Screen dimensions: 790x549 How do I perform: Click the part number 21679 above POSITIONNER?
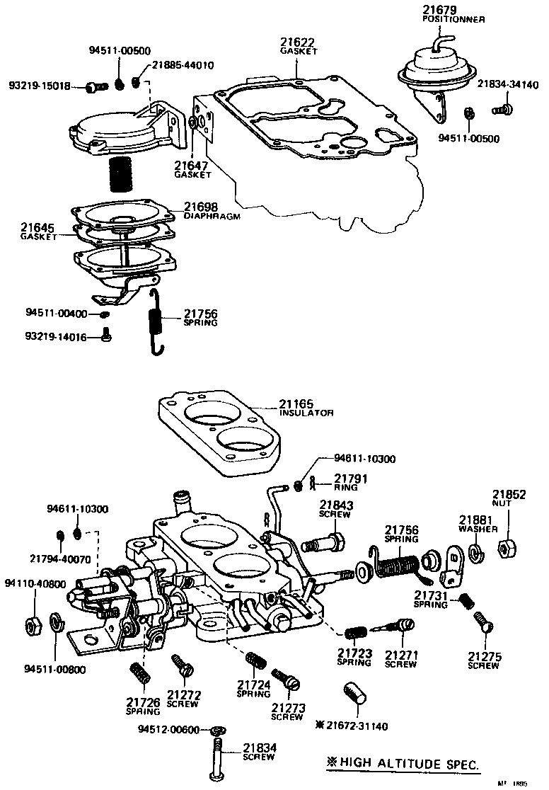coord(439,10)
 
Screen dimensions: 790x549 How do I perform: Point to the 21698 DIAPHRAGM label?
coord(201,207)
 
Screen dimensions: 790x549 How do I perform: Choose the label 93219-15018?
coord(39,86)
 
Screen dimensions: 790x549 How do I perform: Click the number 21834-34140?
coord(507,84)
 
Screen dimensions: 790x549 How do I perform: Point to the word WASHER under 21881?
coord(478,529)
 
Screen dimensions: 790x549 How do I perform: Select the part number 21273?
coord(289,707)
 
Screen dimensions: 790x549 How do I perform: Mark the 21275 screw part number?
coord(485,656)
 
